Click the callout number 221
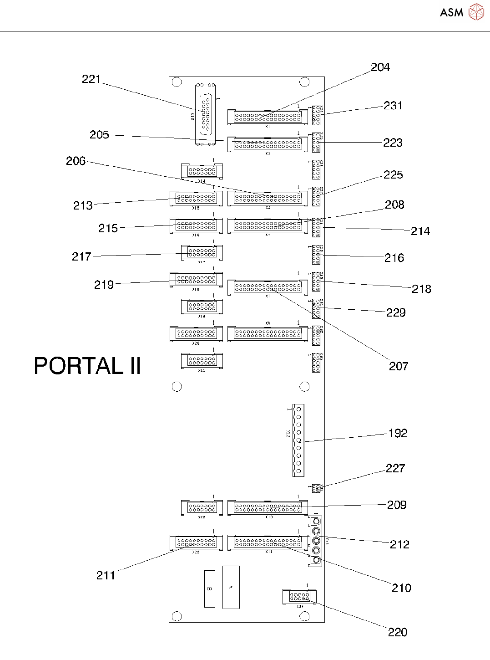[x=91, y=79]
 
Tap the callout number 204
[x=380, y=67]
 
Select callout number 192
[x=398, y=433]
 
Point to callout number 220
[x=397, y=632]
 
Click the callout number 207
[x=399, y=366]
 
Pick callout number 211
[x=106, y=575]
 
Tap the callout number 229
[x=396, y=312]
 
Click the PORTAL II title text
[x=87, y=366]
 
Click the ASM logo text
[x=451, y=13]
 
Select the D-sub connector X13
[x=206, y=115]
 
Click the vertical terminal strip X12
[x=298, y=440]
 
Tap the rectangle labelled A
[x=231, y=587]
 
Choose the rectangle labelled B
[x=209, y=588]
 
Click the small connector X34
[x=299, y=596]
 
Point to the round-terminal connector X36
[x=316, y=541]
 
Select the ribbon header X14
[x=202, y=171]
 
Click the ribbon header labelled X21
[x=202, y=361]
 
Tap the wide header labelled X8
[x=268, y=333]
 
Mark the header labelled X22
[x=202, y=507]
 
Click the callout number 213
[x=83, y=205]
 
